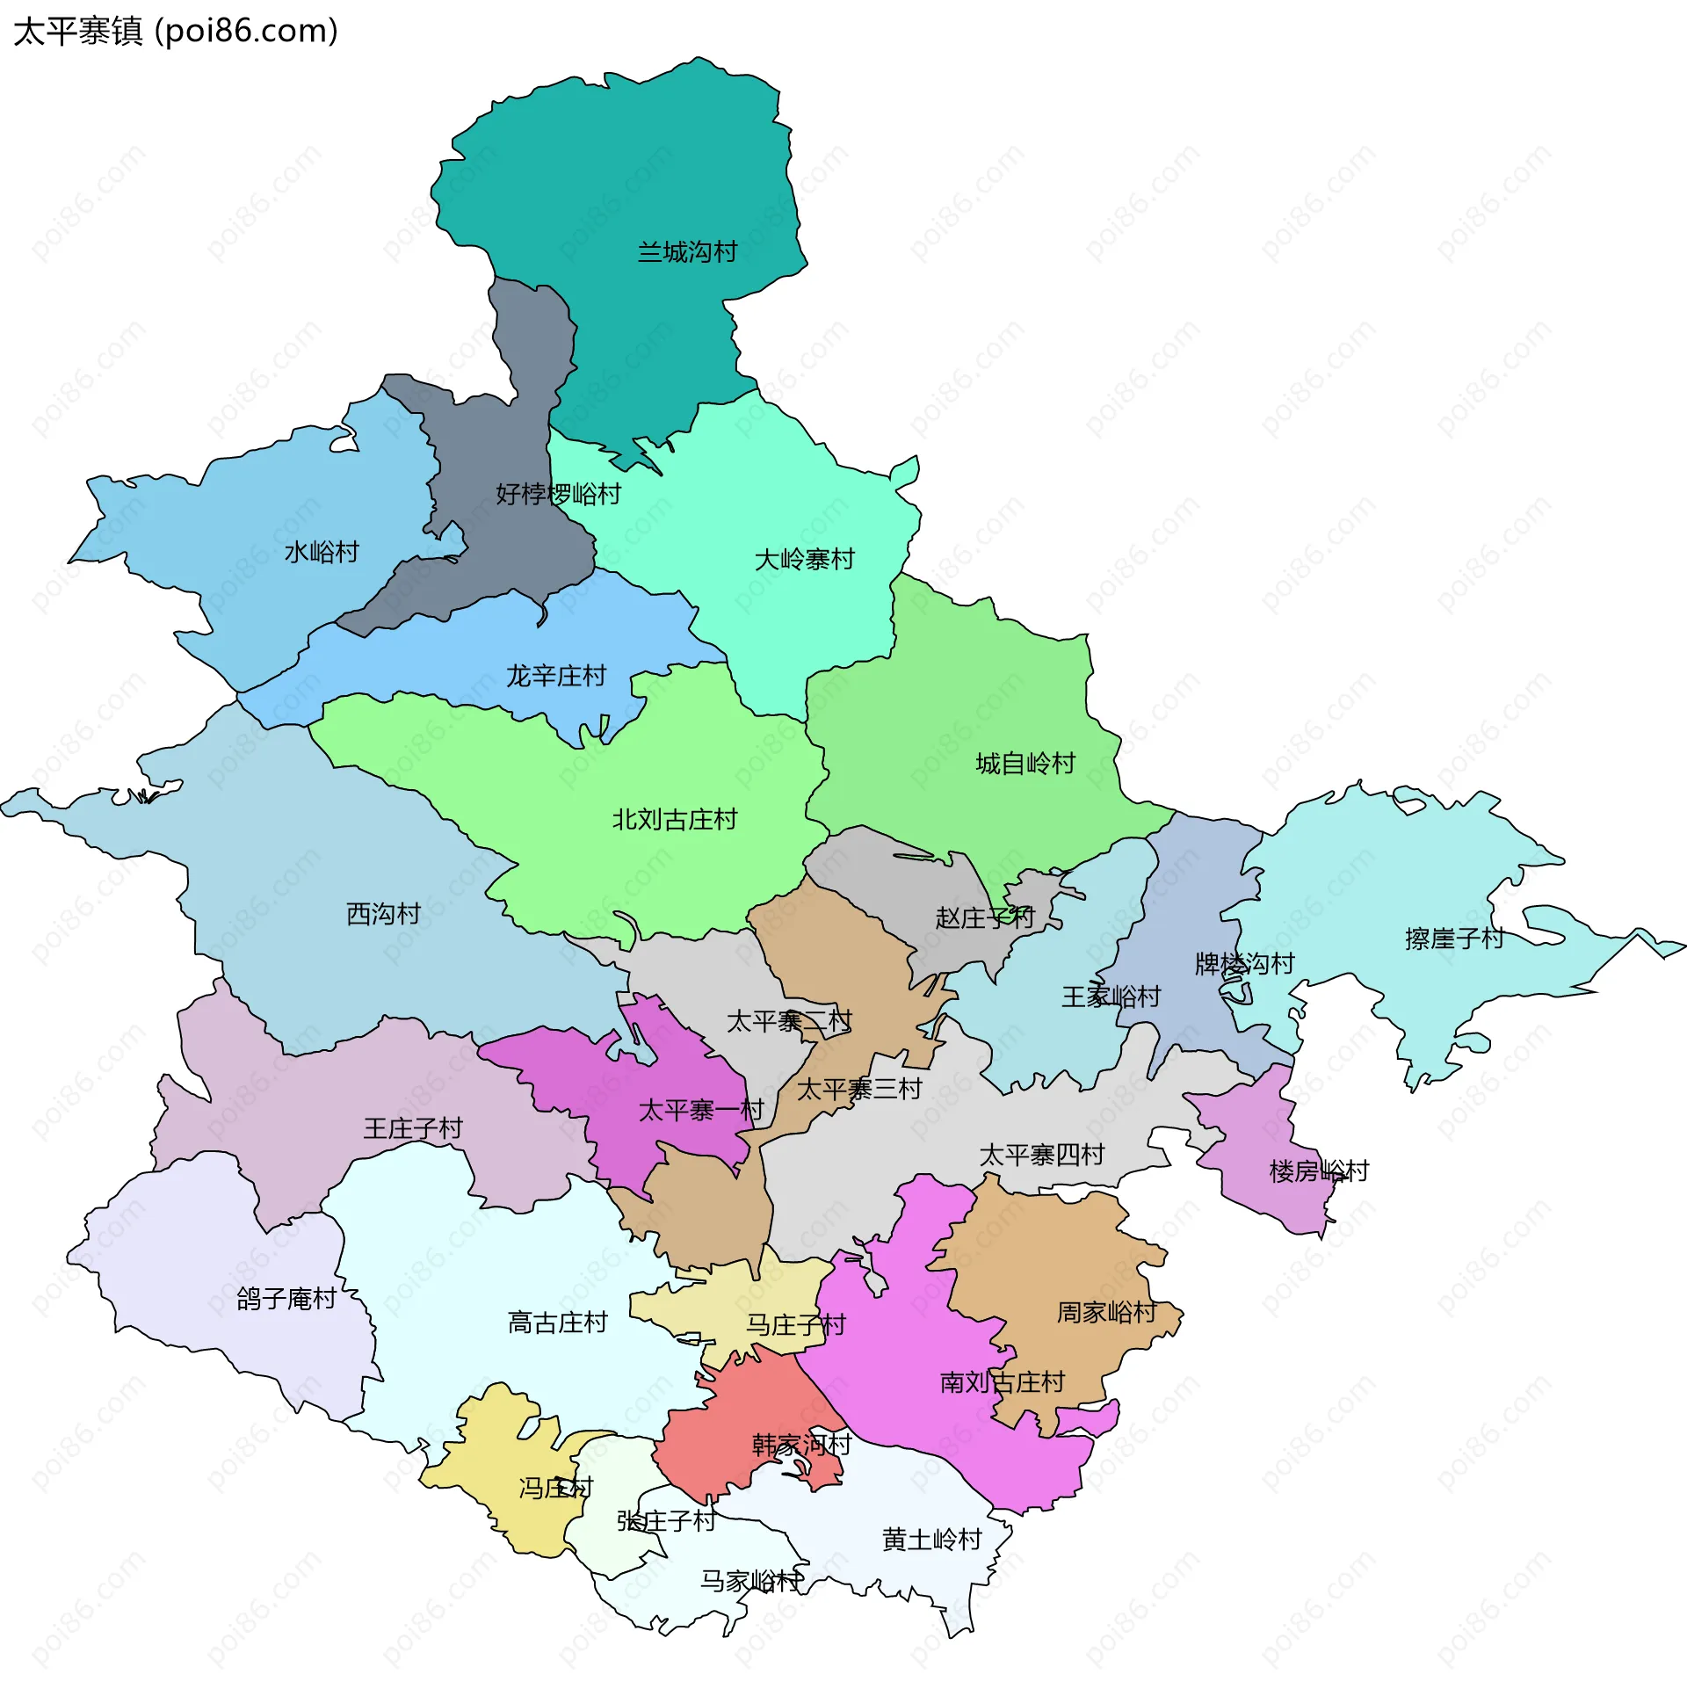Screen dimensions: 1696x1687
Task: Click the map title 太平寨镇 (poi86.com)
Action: point(176,32)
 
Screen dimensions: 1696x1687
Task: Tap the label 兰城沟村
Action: point(687,252)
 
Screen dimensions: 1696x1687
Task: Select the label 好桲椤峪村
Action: point(558,494)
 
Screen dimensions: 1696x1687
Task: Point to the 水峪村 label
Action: point(322,552)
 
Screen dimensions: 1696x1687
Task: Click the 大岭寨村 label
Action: point(804,559)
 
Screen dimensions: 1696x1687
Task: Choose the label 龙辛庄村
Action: point(555,676)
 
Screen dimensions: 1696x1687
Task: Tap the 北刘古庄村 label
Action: point(674,819)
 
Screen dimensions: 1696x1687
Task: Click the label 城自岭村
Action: point(1025,763)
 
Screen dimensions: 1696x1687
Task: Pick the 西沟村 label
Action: point(383,914)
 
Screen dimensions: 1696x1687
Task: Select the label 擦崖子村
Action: point(1454,939)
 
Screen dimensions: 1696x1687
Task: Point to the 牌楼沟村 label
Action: point(1244,964)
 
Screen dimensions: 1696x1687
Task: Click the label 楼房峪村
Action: point(1319,1171)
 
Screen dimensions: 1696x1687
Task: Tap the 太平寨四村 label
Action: point(1041,1155)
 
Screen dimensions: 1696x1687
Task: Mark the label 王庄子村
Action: point(413,1128)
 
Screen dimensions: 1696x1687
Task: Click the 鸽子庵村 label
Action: point(286,1299)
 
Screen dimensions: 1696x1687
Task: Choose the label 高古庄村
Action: point(557,1323)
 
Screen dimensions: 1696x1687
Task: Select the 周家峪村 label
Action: point(1105,1313)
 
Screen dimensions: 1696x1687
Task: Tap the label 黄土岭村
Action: point(931,1540)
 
